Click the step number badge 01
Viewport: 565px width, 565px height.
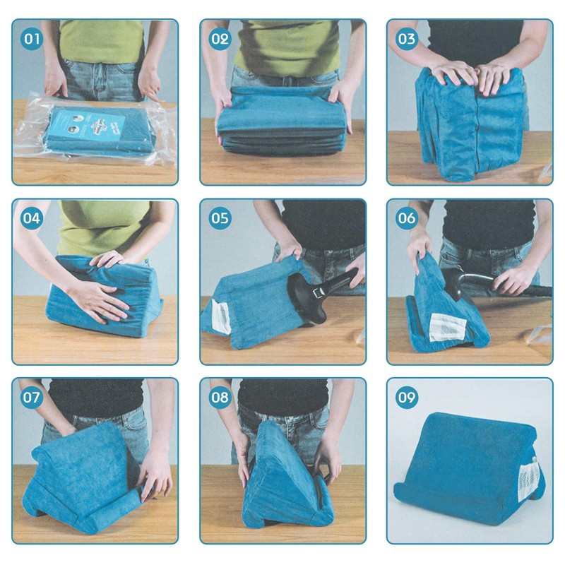[x=32, y=39]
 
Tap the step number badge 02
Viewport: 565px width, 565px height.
[x=220, y=39]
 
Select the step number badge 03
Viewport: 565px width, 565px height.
[x=408, y=39]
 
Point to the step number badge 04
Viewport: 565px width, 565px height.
[x=32, y=218]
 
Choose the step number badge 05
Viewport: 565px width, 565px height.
[x=220, y=218]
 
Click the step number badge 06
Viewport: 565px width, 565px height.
[x=408, y=218]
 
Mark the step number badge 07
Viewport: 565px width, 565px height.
[x=32, y=398]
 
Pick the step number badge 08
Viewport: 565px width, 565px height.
[x=220, y=398]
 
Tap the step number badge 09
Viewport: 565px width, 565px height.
[x=408, y=398]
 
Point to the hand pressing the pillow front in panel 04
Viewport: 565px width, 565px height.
[x=99, y=300]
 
